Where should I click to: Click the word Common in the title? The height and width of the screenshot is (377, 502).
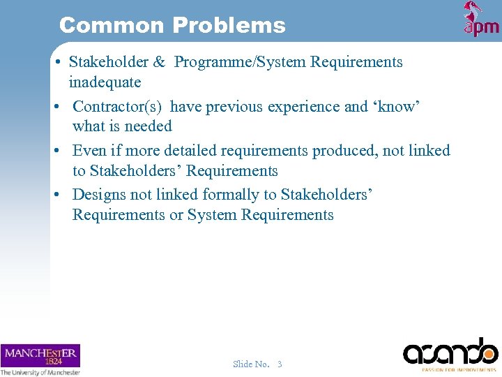click(x=112, y=26)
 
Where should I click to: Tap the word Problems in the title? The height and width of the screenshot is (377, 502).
click(x=229, y=26)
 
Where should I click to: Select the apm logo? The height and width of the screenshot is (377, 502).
click(x=481, y=20)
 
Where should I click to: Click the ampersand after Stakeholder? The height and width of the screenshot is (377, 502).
click(x=159, y=62)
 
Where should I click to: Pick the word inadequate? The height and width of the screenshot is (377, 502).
click(x=105, y=82)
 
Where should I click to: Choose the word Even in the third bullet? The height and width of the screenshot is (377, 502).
click(x=89, y=151)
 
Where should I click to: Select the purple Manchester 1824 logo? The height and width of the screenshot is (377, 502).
click(x=40, y=355)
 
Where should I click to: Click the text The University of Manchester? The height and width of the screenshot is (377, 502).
click(x=40, y=372)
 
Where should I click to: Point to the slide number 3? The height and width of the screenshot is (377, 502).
click(x=280, y=364)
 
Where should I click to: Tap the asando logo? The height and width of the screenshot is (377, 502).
click(x=450, y=353)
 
